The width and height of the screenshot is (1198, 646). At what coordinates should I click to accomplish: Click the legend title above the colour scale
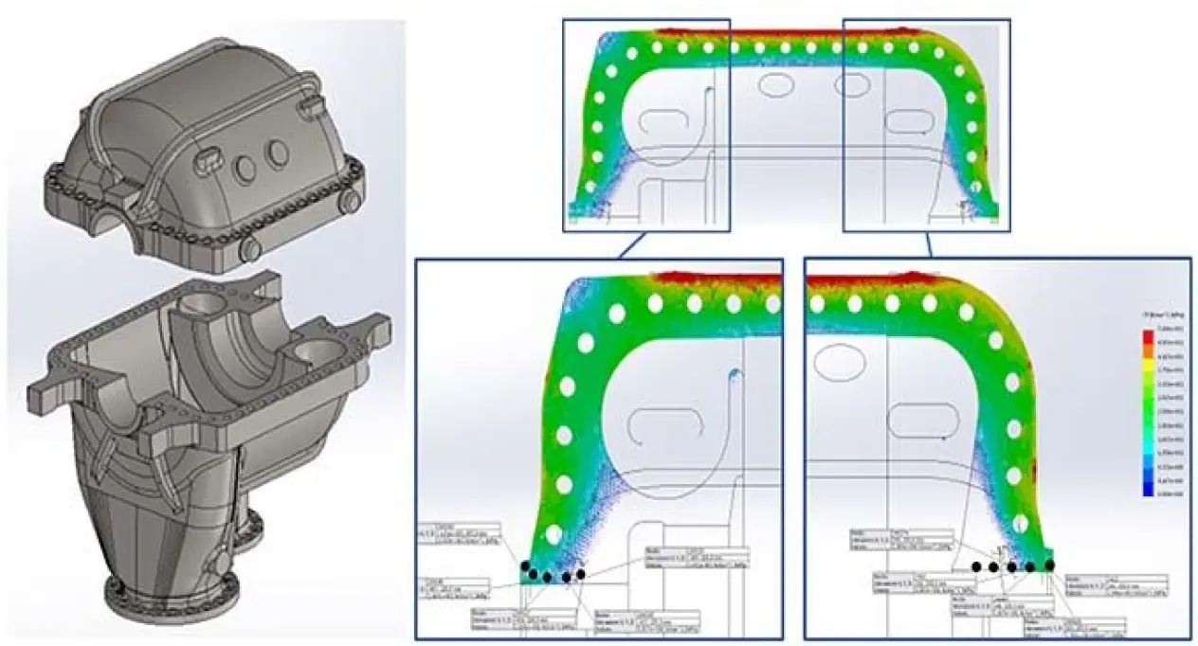pyautogui.click(x=1151, y=314)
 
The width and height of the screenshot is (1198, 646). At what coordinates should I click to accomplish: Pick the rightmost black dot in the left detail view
pyautogui.click(x=580, y=574)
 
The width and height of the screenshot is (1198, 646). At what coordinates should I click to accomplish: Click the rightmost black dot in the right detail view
pyautogui.click(x=1049, y=565)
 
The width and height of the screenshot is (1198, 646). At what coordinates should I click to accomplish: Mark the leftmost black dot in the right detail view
pyautogui.click(x=976, y=565)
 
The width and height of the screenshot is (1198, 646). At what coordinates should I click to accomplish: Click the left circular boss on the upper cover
pyautogui.click(x=245, y=167)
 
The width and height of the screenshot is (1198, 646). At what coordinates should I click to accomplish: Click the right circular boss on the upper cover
pyautogui.click(x=277, y=152)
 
